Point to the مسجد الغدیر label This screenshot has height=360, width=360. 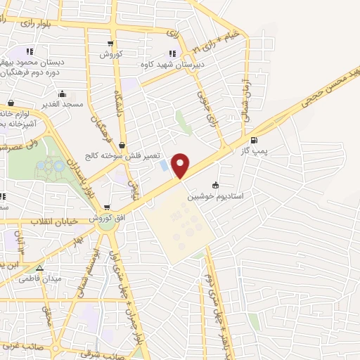point(61,104)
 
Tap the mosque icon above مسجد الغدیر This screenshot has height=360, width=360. point(62,94)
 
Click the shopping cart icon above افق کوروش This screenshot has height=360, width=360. point(107,208)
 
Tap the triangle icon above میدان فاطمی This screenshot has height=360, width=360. point(39,268)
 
